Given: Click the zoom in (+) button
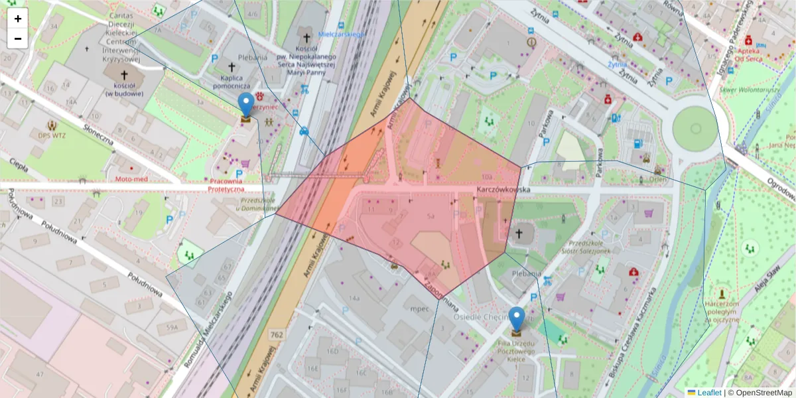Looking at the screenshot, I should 18,19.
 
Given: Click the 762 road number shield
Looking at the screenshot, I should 277,335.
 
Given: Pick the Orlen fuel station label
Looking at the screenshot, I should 658,178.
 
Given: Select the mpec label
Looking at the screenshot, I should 420,309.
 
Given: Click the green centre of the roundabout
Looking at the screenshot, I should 695,129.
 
